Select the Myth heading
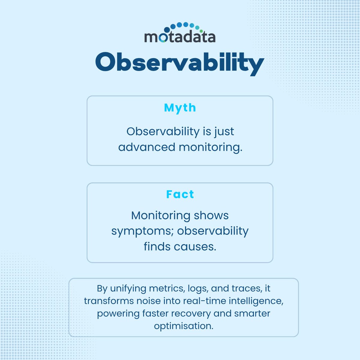180,108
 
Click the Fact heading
180,194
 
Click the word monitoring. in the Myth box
210,148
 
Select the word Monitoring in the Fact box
160,216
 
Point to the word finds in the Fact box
156,247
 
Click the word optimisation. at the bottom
184,326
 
